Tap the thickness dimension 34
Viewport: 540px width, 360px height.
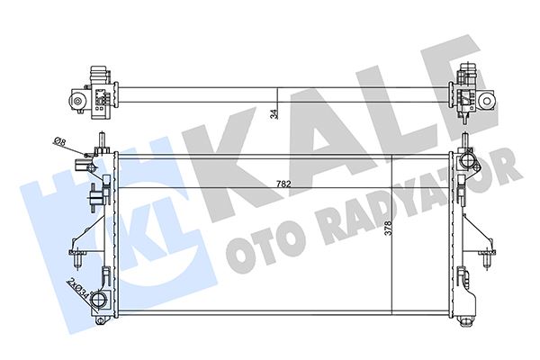[x=273, y=112]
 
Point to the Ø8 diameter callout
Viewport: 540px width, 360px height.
[x=58, y=141]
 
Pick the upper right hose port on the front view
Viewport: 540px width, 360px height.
[x=467, y=162]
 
